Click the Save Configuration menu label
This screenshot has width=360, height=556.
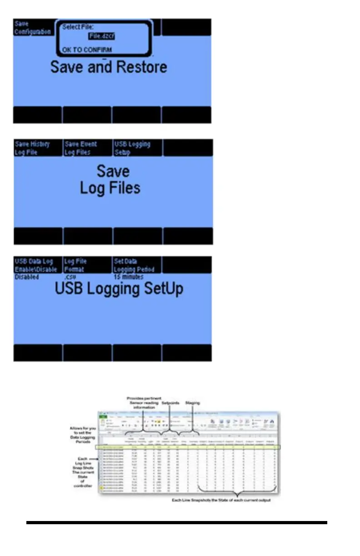click(x=32, y=28)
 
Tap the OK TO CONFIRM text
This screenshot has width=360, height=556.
click(x=87, y=50)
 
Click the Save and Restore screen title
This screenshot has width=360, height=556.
click(x=109, y=67)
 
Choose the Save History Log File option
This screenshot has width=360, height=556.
click(x=32, y=148)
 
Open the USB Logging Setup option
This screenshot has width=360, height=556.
click(x=132, y=148)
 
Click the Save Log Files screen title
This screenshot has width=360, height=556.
click(x=111, y=179)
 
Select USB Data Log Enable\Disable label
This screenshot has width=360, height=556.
click(x=34, y=265)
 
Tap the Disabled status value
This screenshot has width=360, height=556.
click(x=27, y=277)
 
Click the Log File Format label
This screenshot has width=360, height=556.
click(x=75, y=265)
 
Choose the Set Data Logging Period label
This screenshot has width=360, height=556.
click(x=134, y=265)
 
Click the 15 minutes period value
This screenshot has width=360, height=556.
click(x=129, y=277)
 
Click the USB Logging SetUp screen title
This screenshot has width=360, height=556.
click(x=119, y=289)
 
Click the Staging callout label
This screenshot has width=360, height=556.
click(x=193, y=402)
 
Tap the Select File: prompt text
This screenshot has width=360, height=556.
click(x=78, y=27)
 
